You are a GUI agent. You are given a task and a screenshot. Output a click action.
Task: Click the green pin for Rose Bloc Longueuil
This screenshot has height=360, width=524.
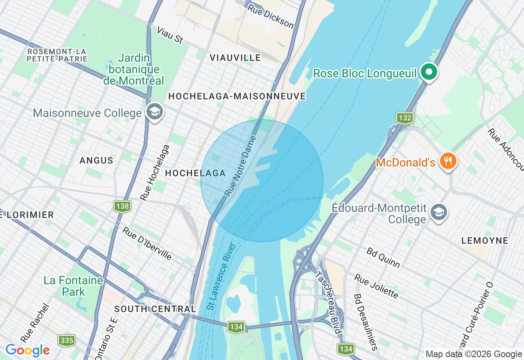tap(429, 73)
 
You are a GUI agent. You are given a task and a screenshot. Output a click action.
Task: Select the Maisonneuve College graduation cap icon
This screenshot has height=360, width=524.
tap(155, 112)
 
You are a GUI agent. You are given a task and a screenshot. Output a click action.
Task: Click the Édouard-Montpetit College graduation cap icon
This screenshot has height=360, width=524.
tap(439, 212)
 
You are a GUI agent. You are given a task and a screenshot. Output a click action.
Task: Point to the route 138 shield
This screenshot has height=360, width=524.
tap(122, 206)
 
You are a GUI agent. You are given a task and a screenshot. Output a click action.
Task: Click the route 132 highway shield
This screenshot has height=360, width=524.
tap(404, 118)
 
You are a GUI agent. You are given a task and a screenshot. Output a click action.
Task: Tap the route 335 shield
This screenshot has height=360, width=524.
tap(66, 340)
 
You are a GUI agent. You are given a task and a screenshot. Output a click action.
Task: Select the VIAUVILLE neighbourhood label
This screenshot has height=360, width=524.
tap(235, 58)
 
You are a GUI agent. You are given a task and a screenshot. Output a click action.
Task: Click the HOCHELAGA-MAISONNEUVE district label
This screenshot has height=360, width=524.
tap(237, 96)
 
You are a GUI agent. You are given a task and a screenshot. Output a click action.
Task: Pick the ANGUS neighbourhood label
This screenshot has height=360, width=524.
tap(97, 160)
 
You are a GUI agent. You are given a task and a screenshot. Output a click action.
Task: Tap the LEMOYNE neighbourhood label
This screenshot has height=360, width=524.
tap(485, 241)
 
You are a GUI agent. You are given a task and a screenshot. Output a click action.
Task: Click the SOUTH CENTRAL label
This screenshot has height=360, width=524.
tap(155, 309)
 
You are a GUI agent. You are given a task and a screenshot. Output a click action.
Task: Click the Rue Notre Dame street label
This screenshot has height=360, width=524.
tap(240, 166)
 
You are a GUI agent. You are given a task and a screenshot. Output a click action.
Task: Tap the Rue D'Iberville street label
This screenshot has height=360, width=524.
tap(147, 243)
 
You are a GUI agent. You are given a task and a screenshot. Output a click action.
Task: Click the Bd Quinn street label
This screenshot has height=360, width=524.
tap(383, 257)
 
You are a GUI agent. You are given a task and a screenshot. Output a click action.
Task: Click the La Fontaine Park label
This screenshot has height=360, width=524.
tap(74, 286)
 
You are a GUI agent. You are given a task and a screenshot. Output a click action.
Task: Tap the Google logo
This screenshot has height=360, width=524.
tap(27, 351)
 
